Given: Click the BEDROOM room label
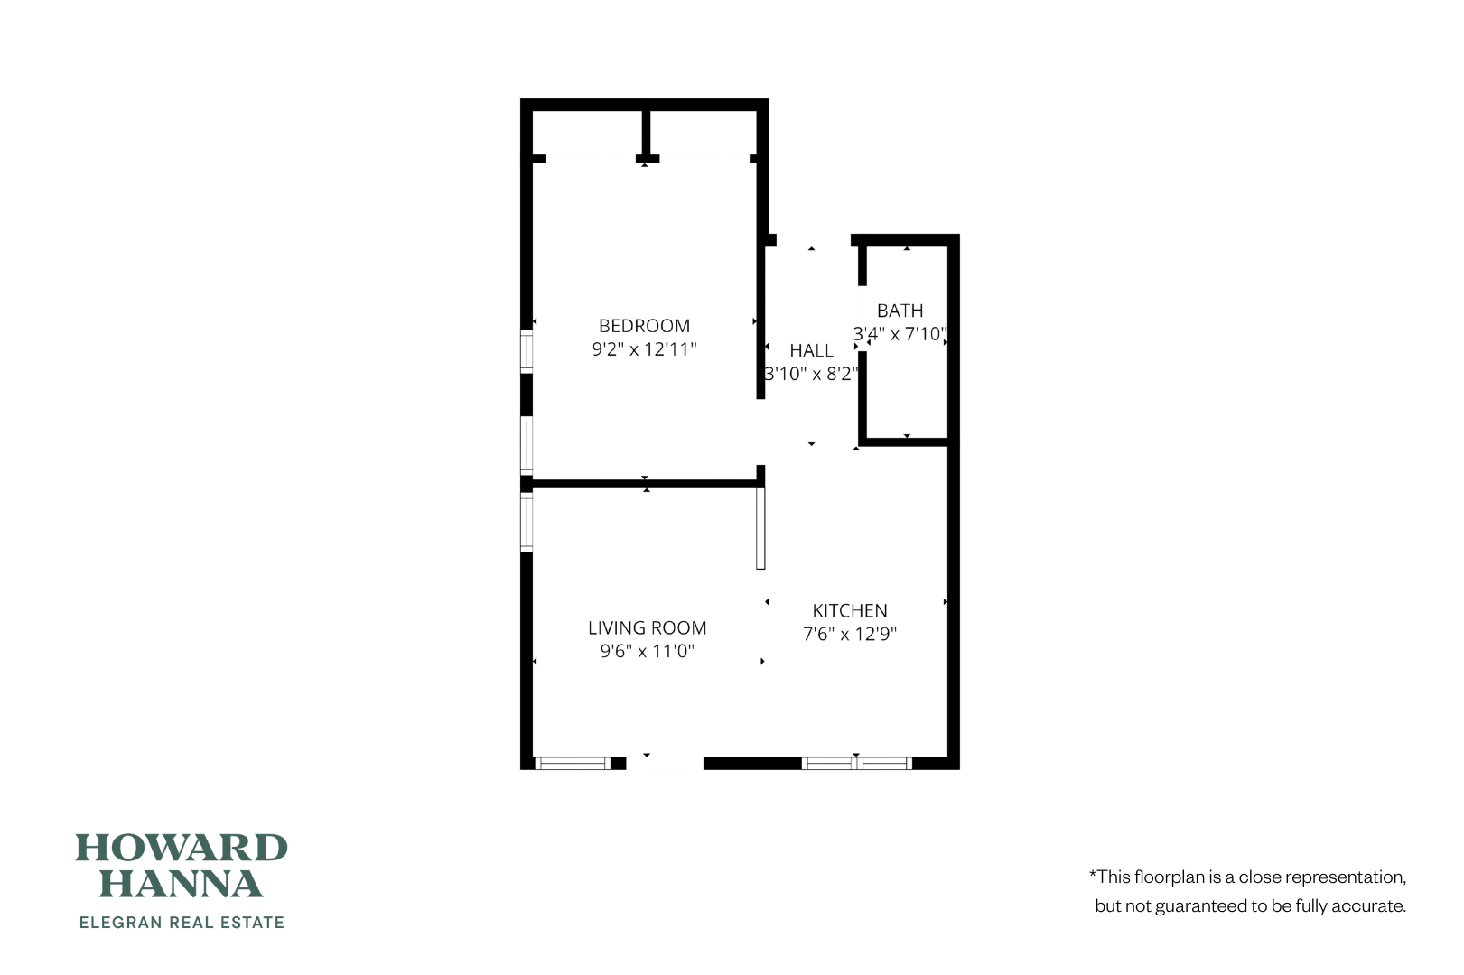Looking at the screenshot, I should [644, 326].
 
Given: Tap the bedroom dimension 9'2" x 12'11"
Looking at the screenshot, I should [644, 349].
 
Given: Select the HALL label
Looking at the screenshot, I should [811, 350].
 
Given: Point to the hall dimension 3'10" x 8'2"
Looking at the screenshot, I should [811, 374].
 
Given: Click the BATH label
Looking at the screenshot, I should [900, 311].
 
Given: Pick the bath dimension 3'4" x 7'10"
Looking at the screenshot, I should [900, 334].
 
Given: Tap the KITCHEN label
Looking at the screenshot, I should [849, 610].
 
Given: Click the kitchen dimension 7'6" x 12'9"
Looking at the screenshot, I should [849, 634].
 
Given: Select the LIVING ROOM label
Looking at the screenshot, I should [647, 627].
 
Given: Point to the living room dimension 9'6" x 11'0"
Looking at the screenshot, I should [647, 651].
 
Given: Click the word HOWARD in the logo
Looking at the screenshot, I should [181, 848].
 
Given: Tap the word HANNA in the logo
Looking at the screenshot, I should [181, 884].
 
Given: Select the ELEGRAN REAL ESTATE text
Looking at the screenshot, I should [182, 923].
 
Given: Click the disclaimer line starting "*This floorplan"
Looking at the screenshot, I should [1247, 877].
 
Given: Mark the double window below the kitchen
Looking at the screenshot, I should [856, 764].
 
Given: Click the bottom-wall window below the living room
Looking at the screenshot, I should [573, 764].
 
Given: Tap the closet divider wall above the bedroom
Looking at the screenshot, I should [646, 134].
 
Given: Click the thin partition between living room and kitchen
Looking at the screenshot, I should [760, 528].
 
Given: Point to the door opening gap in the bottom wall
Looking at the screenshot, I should [665, 764].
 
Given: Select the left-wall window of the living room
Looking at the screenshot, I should [527, 520].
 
